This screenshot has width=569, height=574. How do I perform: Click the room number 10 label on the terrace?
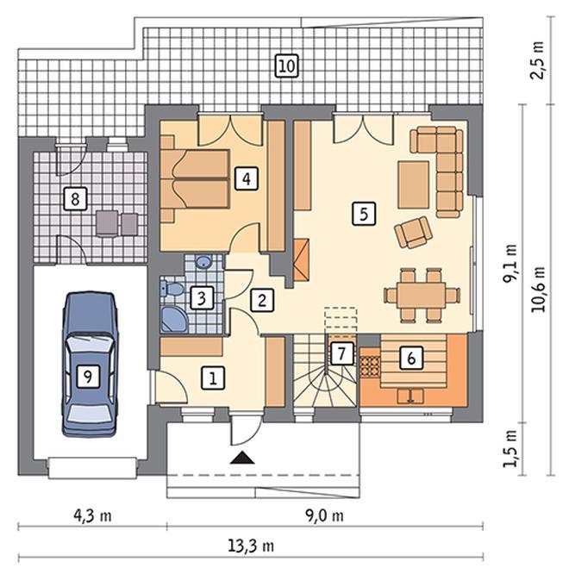click(287, 66)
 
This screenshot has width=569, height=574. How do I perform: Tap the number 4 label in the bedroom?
click(247, 179)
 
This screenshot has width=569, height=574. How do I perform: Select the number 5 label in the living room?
click(364, 213)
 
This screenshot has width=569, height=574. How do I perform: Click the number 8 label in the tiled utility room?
click(75, 199)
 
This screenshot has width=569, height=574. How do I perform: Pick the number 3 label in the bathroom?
click(201, 298)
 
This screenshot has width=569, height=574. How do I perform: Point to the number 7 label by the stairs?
click(341, 353)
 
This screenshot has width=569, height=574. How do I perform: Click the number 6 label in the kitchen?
click(411, 358)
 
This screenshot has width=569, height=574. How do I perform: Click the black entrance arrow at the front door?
click(242, 458)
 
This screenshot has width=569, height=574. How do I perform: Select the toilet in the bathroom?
click(172, 289)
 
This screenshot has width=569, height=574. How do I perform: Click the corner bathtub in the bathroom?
click(174, 320)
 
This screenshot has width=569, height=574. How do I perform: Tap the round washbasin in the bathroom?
click(203, 262)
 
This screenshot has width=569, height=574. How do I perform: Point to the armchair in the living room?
click(413, 232)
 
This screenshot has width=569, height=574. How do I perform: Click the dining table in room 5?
click(422, 295)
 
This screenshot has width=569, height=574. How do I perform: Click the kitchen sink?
click(410, 396)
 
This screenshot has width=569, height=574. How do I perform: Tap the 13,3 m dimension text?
click(251, 546)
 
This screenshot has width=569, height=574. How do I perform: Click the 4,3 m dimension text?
click(92, 515)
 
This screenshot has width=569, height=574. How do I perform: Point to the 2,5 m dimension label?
click(537, 61)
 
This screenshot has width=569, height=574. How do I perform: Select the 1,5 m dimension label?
click(510, 448)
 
